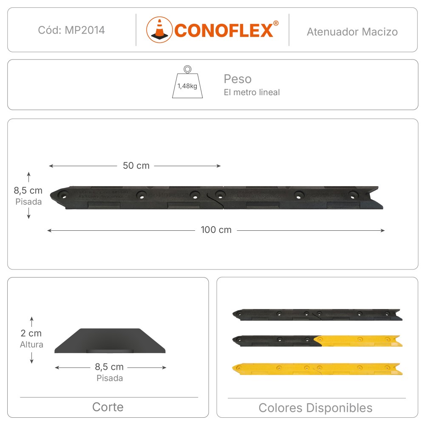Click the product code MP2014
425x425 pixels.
click(71, 30)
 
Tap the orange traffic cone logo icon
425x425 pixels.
click(159, 30)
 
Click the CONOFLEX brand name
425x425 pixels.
click(224, 30)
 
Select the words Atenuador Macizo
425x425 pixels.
click(352, 31)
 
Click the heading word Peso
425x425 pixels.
click(238, 79)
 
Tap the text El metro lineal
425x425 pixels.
click(252, 92)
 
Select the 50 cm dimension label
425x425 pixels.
click(136, 166)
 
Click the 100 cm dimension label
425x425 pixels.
click(216, 230)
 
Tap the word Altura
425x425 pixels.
click(31, 345)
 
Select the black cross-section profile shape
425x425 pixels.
click(110, 341)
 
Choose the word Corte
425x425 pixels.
click(108, 407)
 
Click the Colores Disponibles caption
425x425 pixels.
click(315, 408)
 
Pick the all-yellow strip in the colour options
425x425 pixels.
click(317, 368)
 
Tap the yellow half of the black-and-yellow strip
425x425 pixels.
click(358, 340)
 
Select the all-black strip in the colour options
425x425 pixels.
click(317, 314)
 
